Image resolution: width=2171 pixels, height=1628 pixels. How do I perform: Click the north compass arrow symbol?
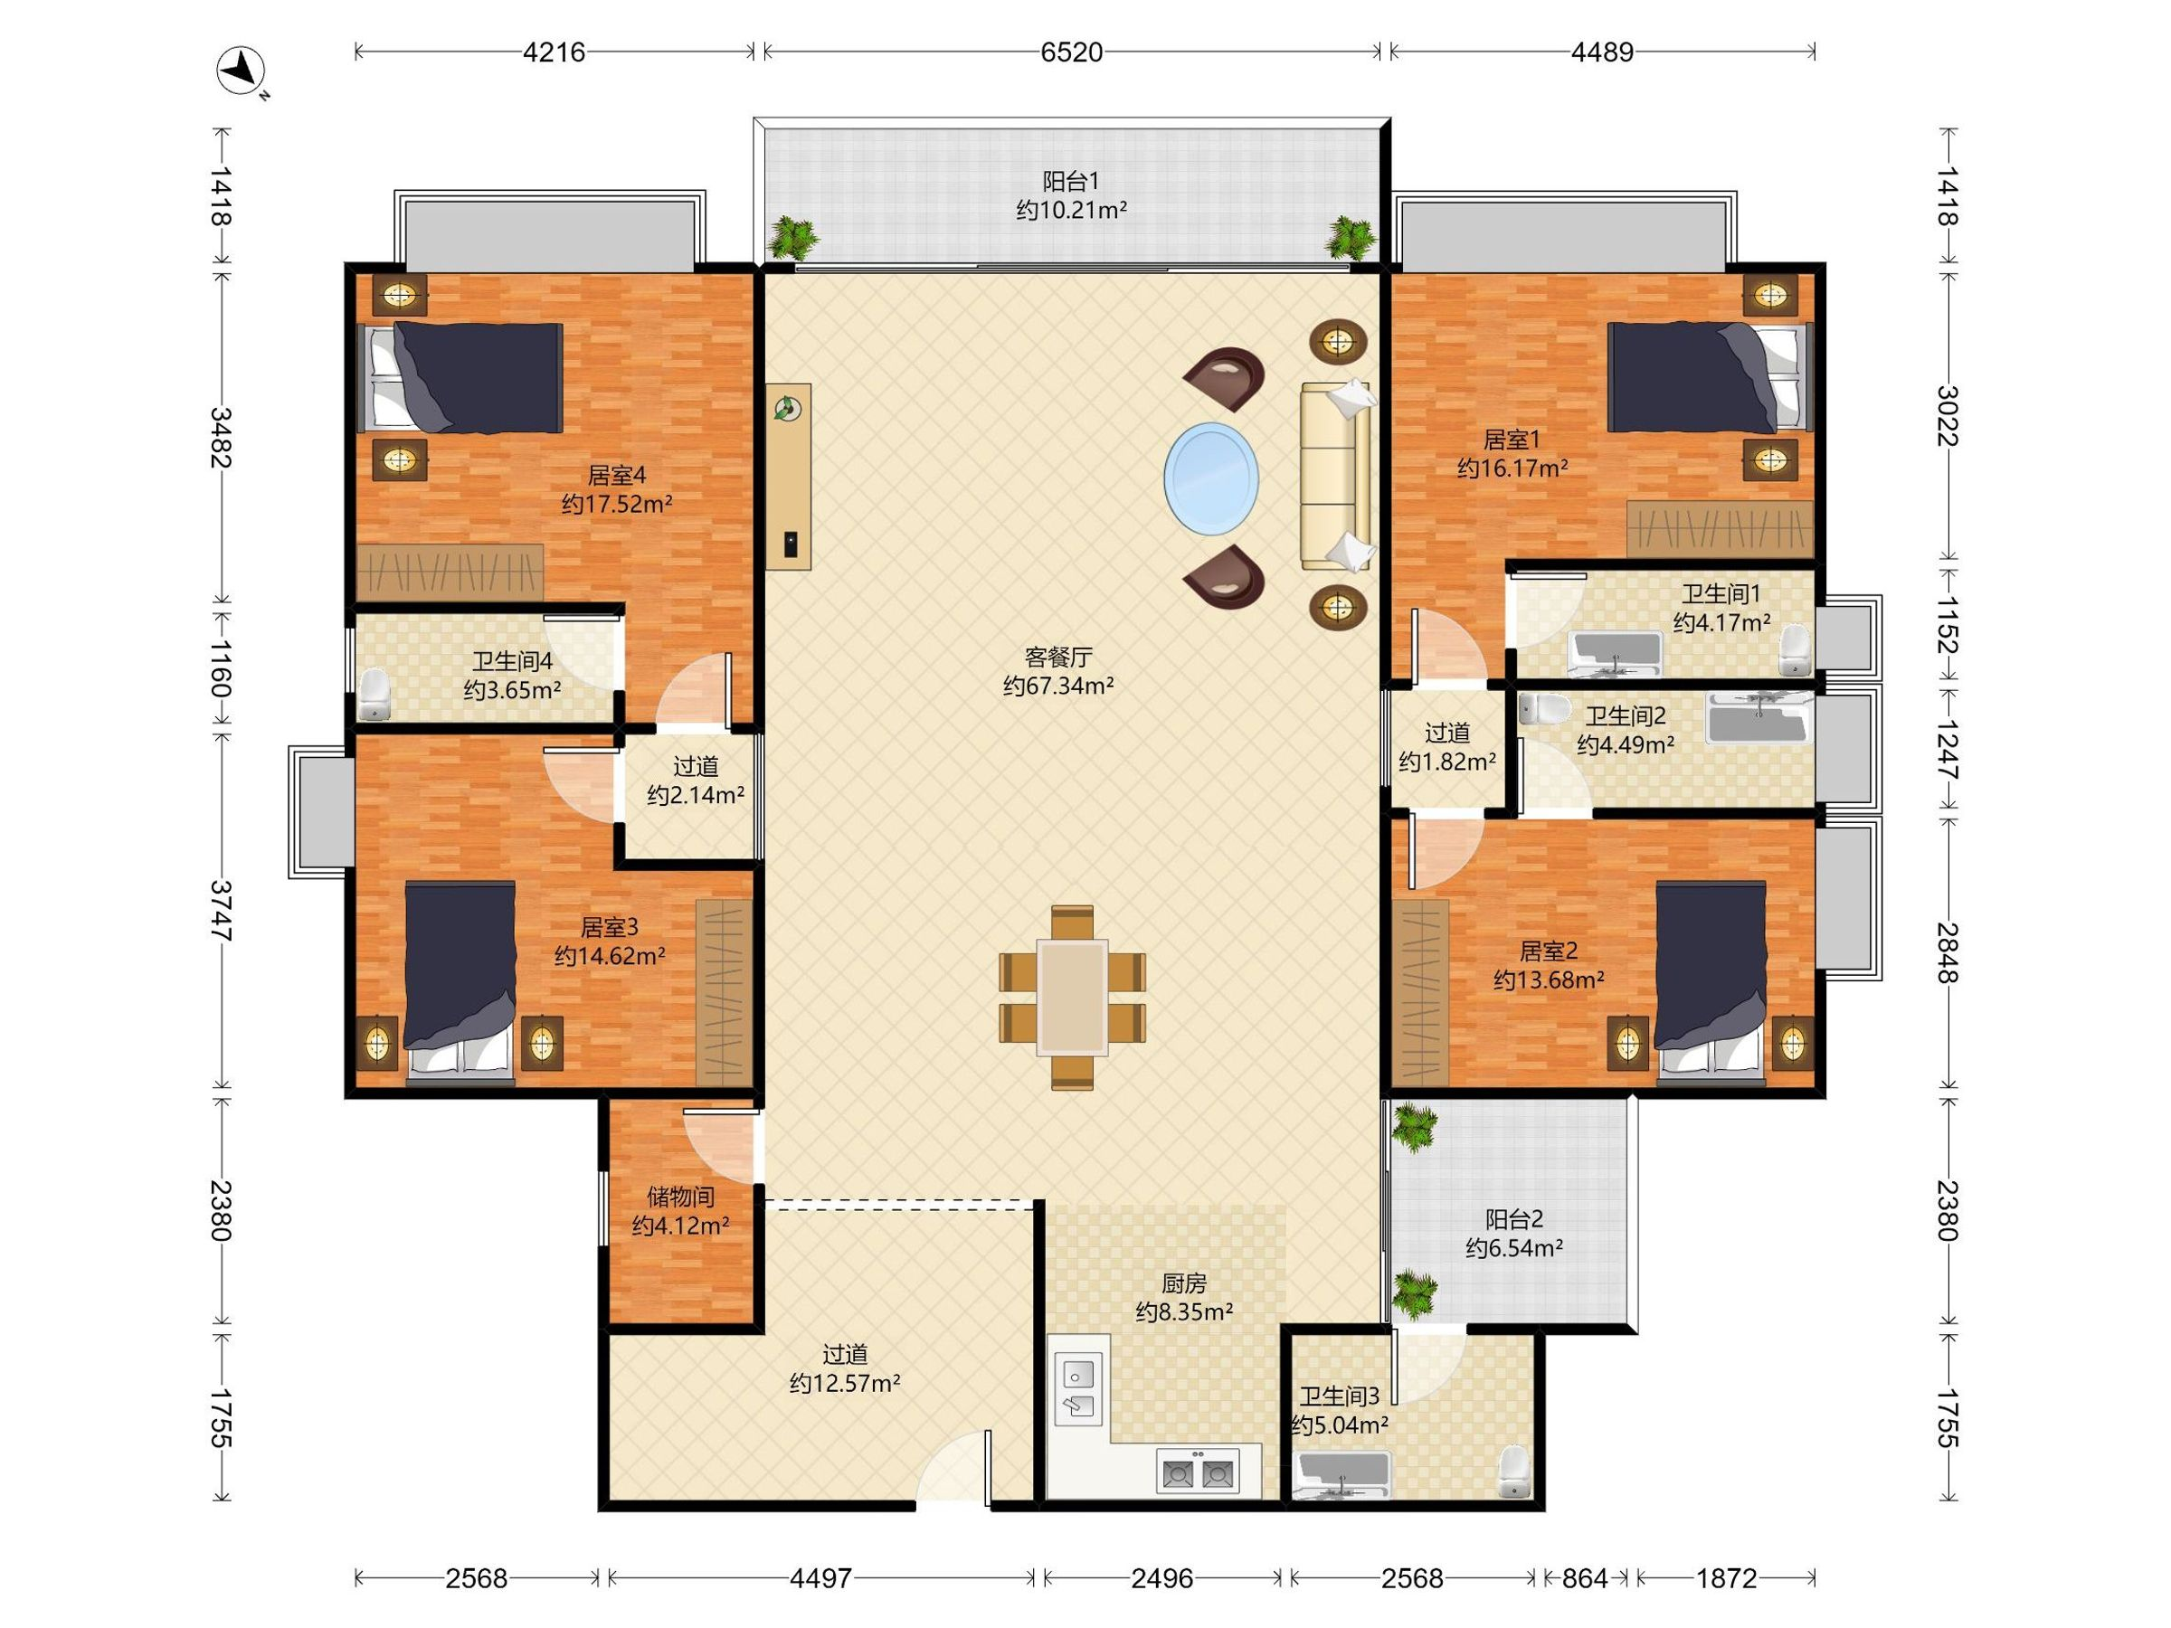click(x=242, y=71)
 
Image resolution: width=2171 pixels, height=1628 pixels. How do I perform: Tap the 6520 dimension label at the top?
click(x=1072, y=52)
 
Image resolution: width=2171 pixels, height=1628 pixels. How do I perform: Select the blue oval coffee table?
click(x=1211, y=478)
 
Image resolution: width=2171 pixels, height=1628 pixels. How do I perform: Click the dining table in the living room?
click(x=1072, y=997)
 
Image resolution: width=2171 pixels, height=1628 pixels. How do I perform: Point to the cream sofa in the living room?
click(x=1336, y=477)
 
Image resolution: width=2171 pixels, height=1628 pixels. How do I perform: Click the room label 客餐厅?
click(x=1058, y=657)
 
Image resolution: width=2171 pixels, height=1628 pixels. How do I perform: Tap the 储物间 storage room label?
click(x=680, y=1197)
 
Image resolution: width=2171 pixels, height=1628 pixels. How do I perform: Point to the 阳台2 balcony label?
click(x=1514, y=1220)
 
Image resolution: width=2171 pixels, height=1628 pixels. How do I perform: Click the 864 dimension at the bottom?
click(x=1585, y=1579)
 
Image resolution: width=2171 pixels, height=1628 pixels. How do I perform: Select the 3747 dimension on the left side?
click(x=222, y=912)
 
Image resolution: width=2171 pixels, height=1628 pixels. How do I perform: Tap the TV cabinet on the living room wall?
click(x=788, y=477)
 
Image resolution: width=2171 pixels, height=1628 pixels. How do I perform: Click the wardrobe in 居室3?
click(x=724, y=992)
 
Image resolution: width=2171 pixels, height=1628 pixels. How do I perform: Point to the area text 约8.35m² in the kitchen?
click(x=1183, y=1311)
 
